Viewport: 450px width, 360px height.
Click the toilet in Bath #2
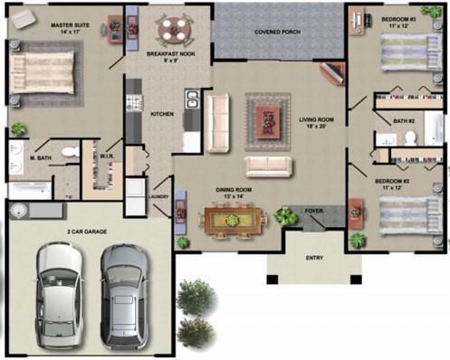(411, 137)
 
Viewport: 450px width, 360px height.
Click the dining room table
(234, 218)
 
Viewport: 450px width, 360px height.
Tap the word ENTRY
(314, 259)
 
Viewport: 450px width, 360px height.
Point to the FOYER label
(314, 211)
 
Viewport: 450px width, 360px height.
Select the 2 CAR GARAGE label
(86, 232)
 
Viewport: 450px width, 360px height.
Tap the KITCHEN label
(161, 114)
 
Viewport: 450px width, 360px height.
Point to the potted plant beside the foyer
(286, 215)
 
